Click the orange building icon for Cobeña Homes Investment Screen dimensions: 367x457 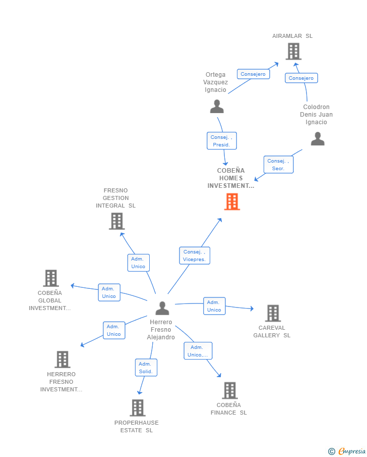[232, 201]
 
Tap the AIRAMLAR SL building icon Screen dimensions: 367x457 [293, 52]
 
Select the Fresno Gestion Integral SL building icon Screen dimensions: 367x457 [117, 221]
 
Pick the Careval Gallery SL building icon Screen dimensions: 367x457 [273, 313]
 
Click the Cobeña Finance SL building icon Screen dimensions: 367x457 [230, 390]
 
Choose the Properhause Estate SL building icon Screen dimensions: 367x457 [137, 408]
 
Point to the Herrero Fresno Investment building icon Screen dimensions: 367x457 [63, 360]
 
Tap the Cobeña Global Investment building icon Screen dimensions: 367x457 [51, 278]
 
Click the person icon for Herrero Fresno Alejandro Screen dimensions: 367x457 [162, 308]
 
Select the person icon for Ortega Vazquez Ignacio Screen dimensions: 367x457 [217, 107]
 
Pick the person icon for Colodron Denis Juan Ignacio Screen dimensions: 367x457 [318, 139]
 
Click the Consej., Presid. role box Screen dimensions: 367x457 [222, 141]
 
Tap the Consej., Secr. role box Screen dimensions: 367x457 [278, 165]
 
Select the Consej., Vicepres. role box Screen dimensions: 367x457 [195, 256]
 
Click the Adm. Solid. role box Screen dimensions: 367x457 [146, 368]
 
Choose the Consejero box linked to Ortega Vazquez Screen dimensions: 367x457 [253, 74]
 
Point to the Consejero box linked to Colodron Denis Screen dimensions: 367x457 [301, 78]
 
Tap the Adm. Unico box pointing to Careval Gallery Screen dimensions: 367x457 [214, 306]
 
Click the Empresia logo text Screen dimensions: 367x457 [351, 451]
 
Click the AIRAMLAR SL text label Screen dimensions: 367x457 [292, 36]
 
